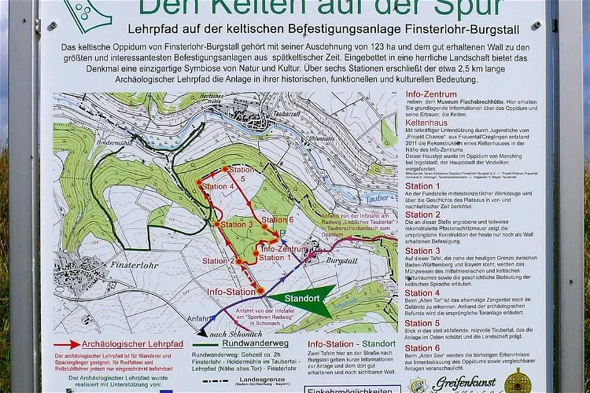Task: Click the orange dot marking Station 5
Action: pyautogui.click(x=225, y=168)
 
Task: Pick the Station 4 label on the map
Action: pyautogui.click(x=218, y=186)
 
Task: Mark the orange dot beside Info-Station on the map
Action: pyautogui.click(x=260, y=291)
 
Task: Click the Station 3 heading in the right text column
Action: pyautogui.click(x=422, y=251)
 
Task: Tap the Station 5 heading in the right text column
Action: pyautogui.click(x=422, y=323)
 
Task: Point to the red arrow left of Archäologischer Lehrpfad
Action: pyautogui.click(x=68, y=344)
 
